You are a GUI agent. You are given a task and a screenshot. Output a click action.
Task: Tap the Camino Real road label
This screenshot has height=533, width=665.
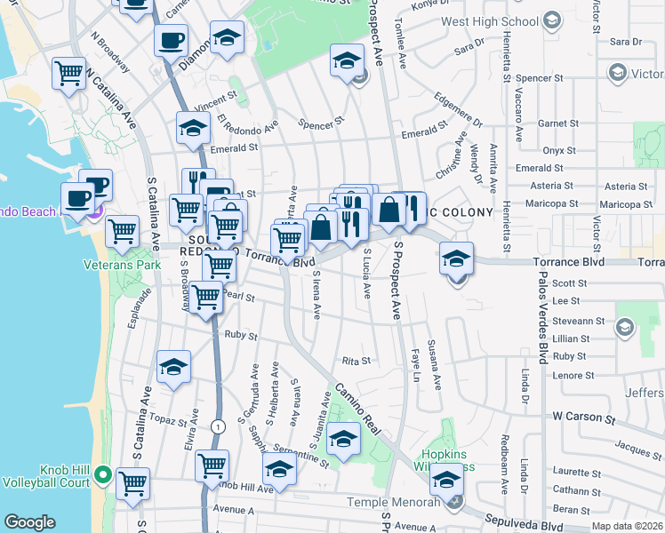pos(357,409)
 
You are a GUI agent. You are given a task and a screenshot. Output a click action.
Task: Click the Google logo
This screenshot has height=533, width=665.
pos(29,522)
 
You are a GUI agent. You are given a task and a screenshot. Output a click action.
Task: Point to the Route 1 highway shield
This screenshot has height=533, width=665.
pos(219,427)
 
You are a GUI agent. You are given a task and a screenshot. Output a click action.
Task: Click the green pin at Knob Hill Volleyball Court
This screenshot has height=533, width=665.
pos(104,475)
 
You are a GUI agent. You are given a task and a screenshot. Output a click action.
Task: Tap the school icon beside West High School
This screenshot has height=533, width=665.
pos(552,20)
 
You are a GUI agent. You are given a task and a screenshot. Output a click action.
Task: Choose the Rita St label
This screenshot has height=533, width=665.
pos(356,361)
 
